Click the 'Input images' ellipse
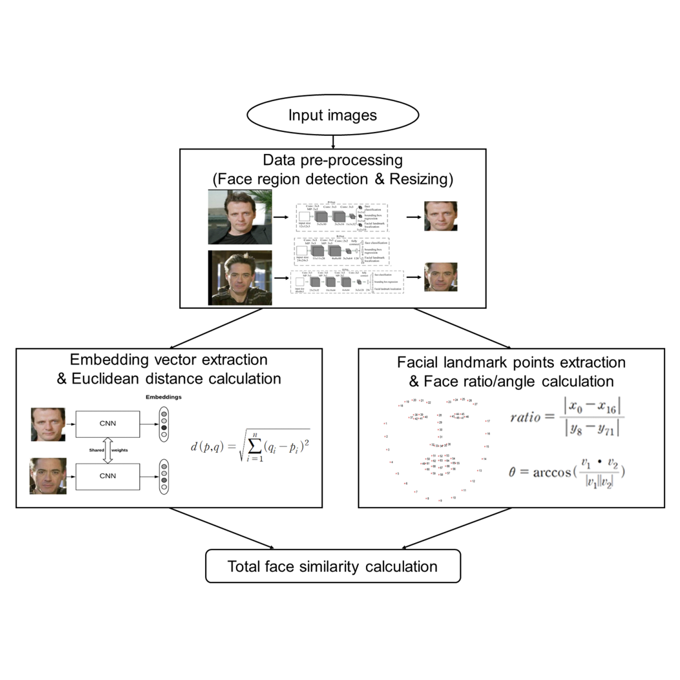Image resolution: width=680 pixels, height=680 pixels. click(x=333, y=115)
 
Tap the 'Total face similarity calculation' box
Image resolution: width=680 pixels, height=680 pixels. click(x=333, y=566)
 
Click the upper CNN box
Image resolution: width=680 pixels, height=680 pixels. click(x=108, y=424)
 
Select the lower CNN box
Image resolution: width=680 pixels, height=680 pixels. click(x=108, y=476)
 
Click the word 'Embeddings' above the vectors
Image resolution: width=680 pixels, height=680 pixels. click(x=164, y=397)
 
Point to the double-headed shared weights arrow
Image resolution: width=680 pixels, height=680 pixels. click(x=108, y=450)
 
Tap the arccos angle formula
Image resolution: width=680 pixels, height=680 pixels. click(x=567, y=472)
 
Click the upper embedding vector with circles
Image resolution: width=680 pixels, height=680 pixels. click(x=164, y=424)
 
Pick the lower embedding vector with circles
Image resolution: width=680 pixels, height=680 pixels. click(x=164, y=476)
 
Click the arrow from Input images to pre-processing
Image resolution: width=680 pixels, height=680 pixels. click(x=333, y=142)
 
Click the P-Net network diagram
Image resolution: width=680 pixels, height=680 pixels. click(x=341, y=217)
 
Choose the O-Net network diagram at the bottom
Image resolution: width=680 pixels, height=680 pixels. click(x=347, y=282)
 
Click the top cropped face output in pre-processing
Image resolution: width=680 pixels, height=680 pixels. click(x=441, y=216)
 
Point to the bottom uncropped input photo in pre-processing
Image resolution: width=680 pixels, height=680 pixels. click(x=240, y=278)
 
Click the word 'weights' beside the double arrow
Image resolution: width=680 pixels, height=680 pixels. click(x=120, y=450)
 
